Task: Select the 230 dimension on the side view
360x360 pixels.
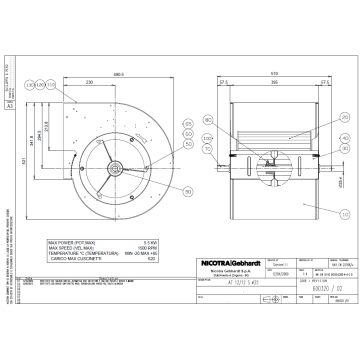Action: tap(90, 82)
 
